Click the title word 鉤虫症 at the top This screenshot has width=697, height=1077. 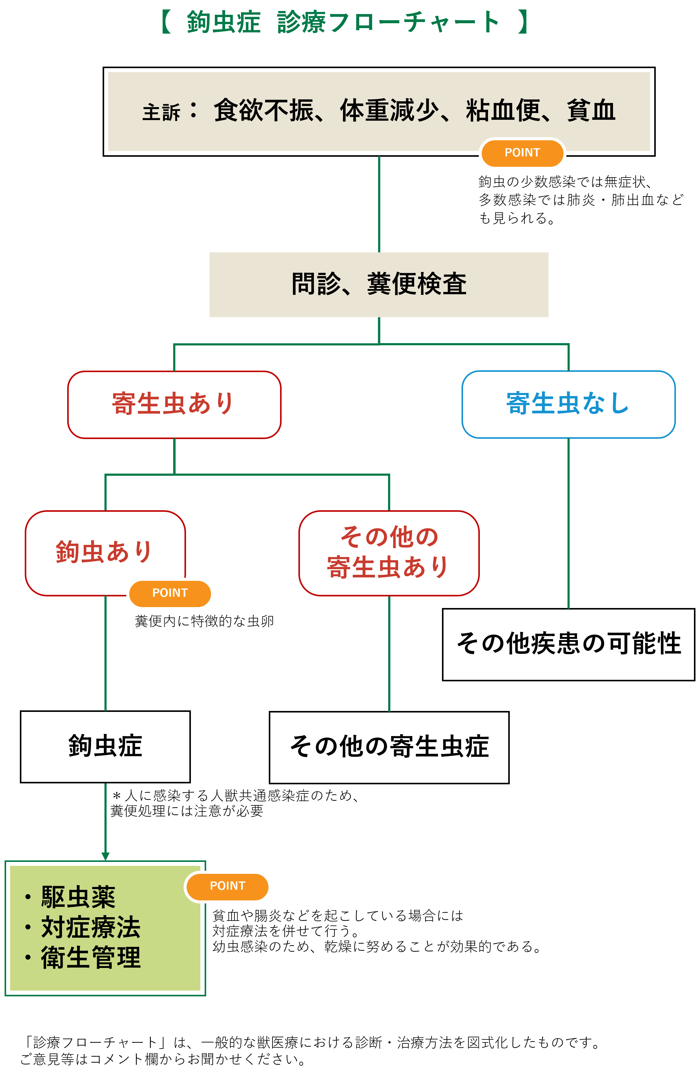pyautogui.click(x=224, y=22)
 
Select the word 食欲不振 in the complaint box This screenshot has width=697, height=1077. pyautogui.click(x=264, y=110)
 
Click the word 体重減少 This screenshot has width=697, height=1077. pyautogui.click(x=389, y=110)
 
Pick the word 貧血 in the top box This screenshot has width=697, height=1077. pyautogui.click(x=591, y=110)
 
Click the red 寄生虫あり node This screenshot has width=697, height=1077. pyautogui.click(x=174, y=404)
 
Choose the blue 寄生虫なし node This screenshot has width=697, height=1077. pyautogui.click(x=568, y=404)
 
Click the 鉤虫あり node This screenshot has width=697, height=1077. pyautogui.click(x=105, y=552)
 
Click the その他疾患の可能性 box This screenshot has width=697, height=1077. pyautogui.click(x=568, y=644)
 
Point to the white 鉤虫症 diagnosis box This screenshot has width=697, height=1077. pyautogui.click(x=105, y=746)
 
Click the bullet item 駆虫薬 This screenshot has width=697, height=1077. pyautogui.click(x=78, y=897)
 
